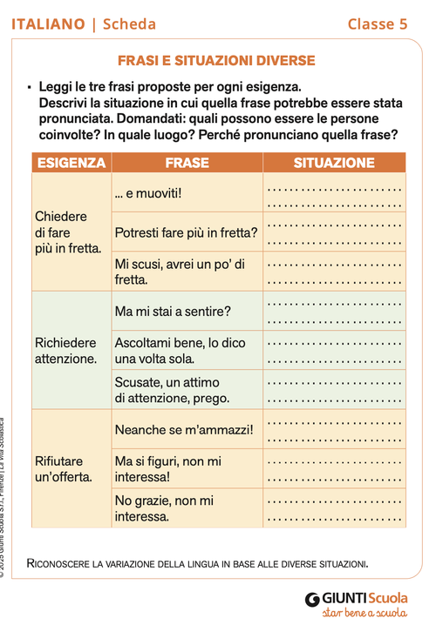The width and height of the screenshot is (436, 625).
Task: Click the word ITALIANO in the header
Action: pyautogui.click(x=48, y=24)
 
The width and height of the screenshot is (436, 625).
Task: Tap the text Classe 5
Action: pyautogui.click(x=377, y=24)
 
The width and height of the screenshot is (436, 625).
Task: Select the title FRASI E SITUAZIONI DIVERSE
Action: pyautogui.click(x=216, y=61)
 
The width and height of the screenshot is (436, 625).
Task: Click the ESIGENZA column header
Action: pyautogui.click(x=72, y=163)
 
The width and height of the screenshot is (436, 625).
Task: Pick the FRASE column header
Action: pyautogui.click(x=187, y=163)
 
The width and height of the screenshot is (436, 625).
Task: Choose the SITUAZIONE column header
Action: pyautogui.click(x=334, y=163)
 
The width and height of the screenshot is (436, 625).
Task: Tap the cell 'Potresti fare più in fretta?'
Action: pyautogui.click(x=186, y=232)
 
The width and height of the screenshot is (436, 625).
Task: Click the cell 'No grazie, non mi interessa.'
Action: pyautogui.click(x=164, y=508)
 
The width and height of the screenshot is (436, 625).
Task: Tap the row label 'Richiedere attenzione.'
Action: pyautogui.click(x=66, y=350)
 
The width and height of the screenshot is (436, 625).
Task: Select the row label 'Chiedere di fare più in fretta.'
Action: pyautogui.click(x=68, y=232)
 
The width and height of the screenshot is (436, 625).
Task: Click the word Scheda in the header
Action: pyautogui.click(x=129, y=24)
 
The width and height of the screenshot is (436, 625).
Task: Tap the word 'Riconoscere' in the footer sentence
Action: pyautogui.click(x=62, y=563)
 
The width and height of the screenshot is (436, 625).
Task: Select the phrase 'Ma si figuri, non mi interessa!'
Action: pyautogui.click(x=168, y=469)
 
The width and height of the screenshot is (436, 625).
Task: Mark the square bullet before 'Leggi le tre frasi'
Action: pyautogui.click(x=29, y=88)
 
